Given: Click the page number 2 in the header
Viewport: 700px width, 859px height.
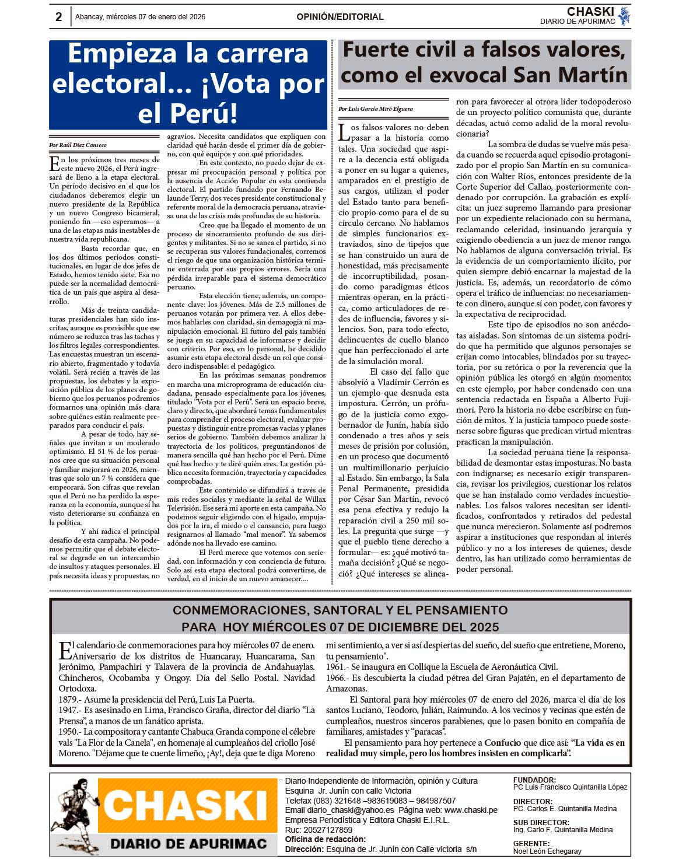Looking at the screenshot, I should (x=58, y=17).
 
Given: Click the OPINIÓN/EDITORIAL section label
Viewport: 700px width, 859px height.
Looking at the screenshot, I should (x=339, y=17).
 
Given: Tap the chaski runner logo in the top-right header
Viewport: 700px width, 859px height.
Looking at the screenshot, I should (x=624, y=16).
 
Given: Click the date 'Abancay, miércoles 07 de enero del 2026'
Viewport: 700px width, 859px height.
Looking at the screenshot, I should (x=140, y=17).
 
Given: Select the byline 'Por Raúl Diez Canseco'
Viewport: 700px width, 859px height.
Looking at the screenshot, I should (x=78, y=145).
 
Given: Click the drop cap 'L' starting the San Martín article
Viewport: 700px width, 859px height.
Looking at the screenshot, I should (x=344, y=132).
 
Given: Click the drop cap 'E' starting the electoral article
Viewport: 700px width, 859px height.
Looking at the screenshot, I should (x=54, y=164).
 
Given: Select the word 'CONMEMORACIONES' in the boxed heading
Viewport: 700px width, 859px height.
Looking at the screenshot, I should (x=240, y=610).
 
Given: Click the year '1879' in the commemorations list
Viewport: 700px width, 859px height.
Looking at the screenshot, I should (x=69, y=700).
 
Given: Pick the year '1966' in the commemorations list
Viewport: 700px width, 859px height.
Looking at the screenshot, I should (x=335, y=678).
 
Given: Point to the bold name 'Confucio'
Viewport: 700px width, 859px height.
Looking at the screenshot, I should (x=503, y=743).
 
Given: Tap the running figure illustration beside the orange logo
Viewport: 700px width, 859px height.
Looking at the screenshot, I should (x=74, y=816).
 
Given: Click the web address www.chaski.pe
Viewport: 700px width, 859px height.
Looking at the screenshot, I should (x=471, y=810).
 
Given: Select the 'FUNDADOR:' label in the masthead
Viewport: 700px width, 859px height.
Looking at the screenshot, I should (x=534, y=780).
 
